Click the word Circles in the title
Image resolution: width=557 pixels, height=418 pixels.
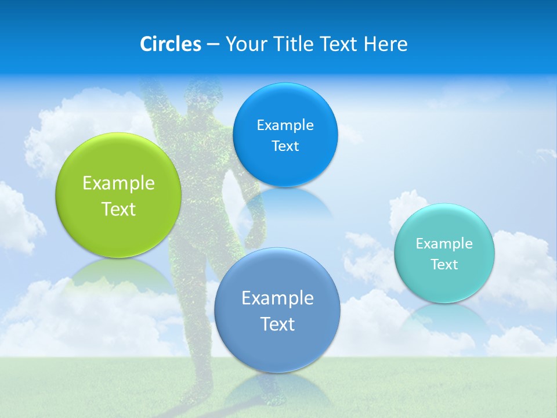point(170,44)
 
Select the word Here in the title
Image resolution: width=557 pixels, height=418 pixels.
point(386,44)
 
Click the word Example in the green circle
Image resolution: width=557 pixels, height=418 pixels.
point(118,183)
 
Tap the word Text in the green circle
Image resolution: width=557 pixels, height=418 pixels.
point(118,209)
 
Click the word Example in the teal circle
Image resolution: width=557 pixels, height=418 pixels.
point(444,244)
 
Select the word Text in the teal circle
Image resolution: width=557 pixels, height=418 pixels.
point(444,265)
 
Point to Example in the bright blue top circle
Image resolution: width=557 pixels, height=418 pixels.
point(285,125)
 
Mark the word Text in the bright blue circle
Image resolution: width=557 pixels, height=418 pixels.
point(285,146)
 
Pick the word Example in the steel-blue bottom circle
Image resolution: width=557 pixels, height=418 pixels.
point(277,298)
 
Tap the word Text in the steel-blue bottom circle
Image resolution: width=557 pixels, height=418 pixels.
point(277,324)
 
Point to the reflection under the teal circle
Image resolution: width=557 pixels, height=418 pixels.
point(444,316)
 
